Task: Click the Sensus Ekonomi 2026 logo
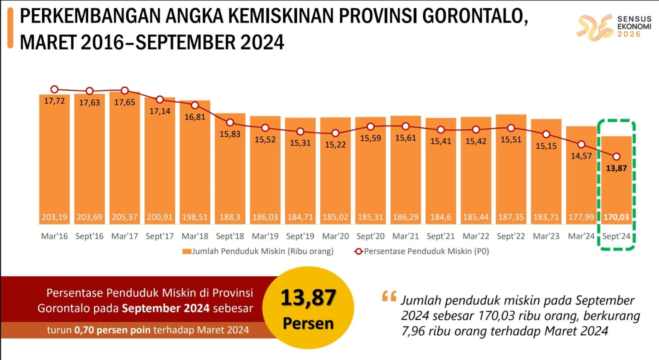(614, 27)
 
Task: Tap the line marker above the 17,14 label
(160, 100)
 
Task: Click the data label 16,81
(195, 117)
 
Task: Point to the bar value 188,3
(230, 217)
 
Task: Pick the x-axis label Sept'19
(300, 236)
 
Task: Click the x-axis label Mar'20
(335, 236)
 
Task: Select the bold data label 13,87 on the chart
(616, 168)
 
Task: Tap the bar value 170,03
(616, 217)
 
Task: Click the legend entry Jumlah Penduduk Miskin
(258, 251)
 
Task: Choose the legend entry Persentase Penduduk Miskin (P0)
(422, 251)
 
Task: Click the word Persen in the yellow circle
(308, 323)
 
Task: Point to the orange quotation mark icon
(389, 296)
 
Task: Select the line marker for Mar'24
(581, 145)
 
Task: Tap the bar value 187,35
(511, 217)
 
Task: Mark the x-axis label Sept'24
(616, 236)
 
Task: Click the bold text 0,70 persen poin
(112, 330)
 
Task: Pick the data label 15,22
(335, 145)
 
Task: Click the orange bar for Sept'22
(511, 173)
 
